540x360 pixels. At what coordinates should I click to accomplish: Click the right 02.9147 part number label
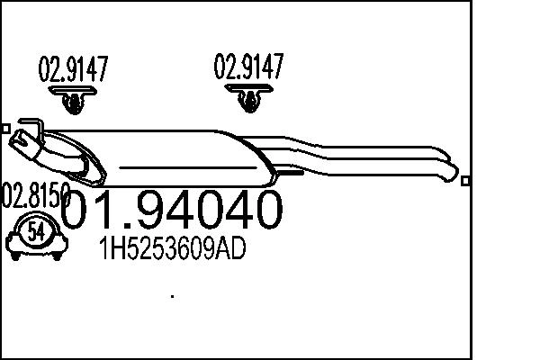[x=248, y=66]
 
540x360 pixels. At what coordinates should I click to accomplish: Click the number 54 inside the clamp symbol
[x=36, y=231]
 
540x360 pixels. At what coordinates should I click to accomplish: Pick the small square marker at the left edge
[x=4, y=129]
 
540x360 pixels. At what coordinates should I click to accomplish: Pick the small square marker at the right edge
[x=464, y=181]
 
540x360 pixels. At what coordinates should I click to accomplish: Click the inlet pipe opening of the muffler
[x=18, y=139]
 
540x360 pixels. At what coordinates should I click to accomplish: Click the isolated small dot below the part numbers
[x=172, y=294]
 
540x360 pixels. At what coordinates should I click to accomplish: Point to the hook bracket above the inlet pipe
[x=29, y=124]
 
